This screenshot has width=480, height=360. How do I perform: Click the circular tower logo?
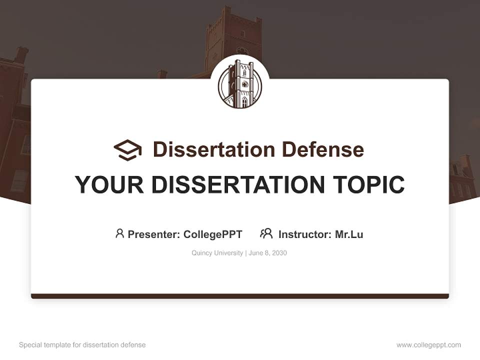[x=240, y=84]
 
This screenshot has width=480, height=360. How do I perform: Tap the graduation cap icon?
[x=127, y=149]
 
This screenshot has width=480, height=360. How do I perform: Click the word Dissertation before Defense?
[x=214, y=149]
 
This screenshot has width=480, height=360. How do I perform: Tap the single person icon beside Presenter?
[x=119, y=233]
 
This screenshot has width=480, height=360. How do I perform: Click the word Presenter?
[x=153, y=234]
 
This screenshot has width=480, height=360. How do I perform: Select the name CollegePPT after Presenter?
[x=213, y=234]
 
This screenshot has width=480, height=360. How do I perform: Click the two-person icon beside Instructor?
[x=266, y=233]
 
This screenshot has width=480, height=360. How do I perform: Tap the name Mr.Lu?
[x=349, y=234]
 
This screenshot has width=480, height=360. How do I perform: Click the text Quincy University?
[x=217, y=253]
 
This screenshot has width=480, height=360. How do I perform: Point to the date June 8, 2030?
[x=267, y=253]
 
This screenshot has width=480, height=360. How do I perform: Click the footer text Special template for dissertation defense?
[x=82, y=345]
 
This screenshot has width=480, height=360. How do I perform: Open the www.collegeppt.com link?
[x=428, y=345]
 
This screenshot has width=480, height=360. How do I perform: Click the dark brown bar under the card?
[x=240, y=296]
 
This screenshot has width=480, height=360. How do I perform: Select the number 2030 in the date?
[x=279, y=253]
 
